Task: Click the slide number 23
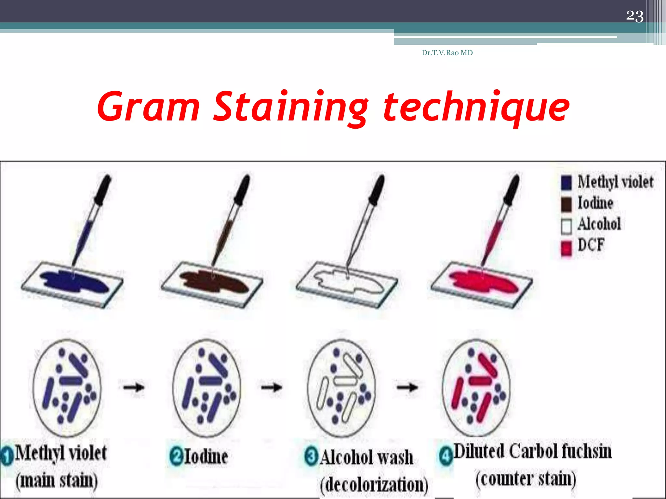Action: click(x=634, y=16)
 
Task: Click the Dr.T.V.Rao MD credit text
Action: click(x=447, y=53)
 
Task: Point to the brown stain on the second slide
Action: click(x=213, y=281)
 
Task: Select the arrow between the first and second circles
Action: click(x=134, y=387)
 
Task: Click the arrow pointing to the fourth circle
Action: click(x=407, y=387)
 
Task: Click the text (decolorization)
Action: click(x=374, y=485)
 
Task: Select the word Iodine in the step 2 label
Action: click(x=206, y=456)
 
